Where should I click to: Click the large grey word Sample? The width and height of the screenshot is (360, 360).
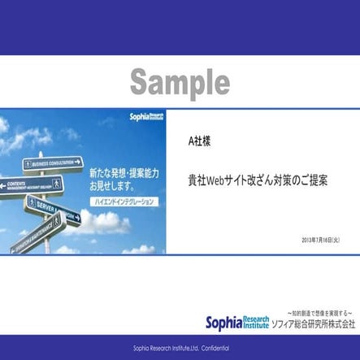[x=180, y=81]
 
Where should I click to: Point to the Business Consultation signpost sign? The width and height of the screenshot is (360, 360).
[x=54, y=163]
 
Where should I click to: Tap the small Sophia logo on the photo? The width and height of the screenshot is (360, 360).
[x=149, y=118]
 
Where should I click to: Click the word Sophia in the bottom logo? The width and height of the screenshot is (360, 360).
[x=230, y=322]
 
